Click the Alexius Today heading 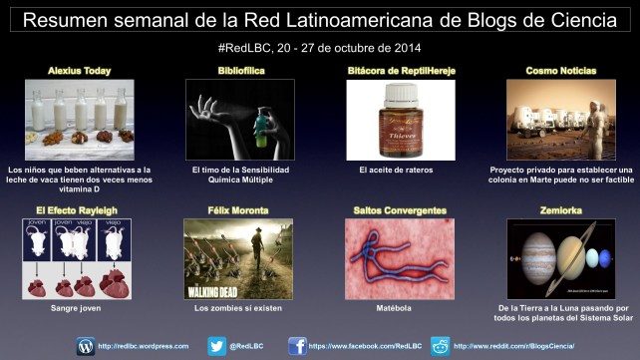(x=79, y=71)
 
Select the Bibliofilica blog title (x=239, y=71)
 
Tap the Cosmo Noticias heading (x=560, y=71)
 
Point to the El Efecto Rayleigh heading (x=79, y=209)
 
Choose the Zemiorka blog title (x=559, y=209)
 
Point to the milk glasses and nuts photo (x=79, y=120)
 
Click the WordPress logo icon (x=86, y=345)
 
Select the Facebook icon (x=297, y=345)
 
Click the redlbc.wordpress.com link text (x=144, y=346)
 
